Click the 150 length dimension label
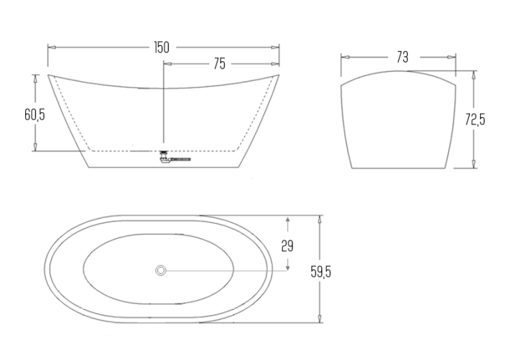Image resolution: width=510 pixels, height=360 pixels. pos(162,48)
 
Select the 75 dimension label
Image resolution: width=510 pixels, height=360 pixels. pos(220,64)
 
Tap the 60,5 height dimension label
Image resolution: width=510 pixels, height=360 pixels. pos(35,114)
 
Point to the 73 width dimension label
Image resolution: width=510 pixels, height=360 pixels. pos(403,57)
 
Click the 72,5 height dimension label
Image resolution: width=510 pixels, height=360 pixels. pos(475,120)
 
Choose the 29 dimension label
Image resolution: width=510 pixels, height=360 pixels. pos(287,246)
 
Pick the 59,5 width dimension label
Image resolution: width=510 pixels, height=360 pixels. pos(321,271)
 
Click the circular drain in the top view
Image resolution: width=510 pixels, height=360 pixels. pos(160,270)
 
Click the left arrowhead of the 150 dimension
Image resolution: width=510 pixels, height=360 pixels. pos(52,47)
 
